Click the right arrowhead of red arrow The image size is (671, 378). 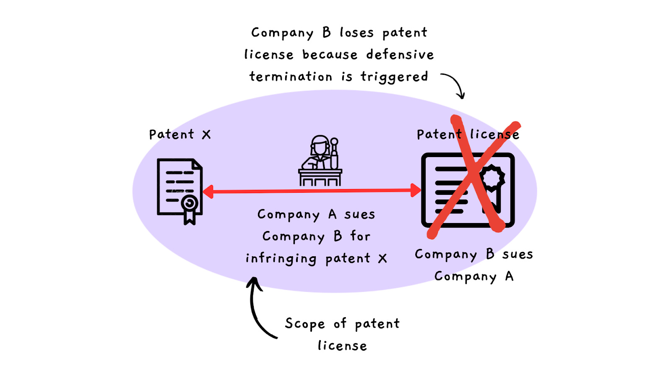click(x=416, y=190)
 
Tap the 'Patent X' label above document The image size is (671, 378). click(x=180, y=135)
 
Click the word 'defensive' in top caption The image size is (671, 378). click(x=400, y=55)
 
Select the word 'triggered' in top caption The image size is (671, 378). click(x=394, y=77)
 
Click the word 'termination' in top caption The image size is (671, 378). click(x=291, y=77)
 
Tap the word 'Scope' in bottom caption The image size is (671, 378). click(x=305, y=324)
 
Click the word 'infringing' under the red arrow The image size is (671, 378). click(x=281, y=259)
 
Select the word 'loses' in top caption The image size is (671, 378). click(x=356, y=33)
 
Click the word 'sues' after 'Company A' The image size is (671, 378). click(x=359, y=215)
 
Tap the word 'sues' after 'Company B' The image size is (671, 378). click(x=518, y=255)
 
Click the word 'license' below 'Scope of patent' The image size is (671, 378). click(x=342, y=346)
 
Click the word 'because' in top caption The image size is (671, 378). click(x=330, y=55)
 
